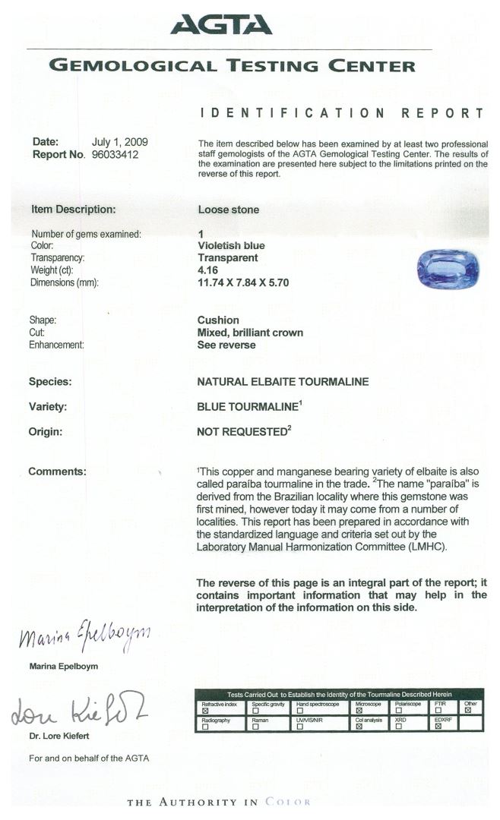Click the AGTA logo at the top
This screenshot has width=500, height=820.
pos(221,25)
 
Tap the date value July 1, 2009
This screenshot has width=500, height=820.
pos(119,142)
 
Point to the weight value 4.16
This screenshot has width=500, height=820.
pos(207,270)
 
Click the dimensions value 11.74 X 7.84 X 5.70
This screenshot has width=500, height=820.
pos(243,282)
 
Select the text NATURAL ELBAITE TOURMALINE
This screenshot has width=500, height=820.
pos(283,382)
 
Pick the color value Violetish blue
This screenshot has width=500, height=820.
pos(231,246)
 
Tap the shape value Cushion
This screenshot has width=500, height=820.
pos(218,320)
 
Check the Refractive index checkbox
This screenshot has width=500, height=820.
pos(204,711)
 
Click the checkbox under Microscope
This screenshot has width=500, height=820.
pos(359,711)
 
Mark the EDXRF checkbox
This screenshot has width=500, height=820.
pos(438,727)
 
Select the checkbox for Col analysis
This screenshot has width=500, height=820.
pos(359,727)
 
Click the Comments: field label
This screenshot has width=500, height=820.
pos(57,471)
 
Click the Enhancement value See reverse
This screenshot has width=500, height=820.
pos(226,345)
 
